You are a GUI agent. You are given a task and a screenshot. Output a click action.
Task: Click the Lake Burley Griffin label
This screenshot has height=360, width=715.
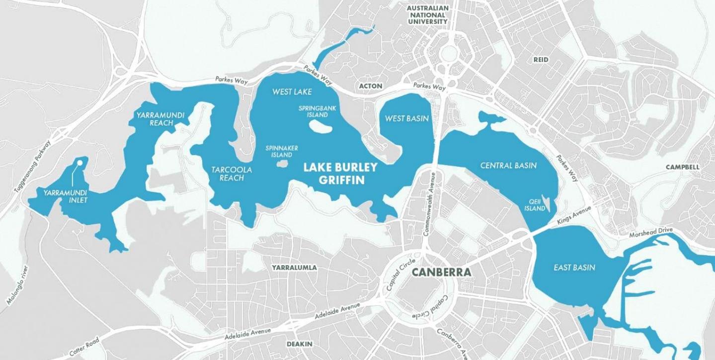(x=340, y=173)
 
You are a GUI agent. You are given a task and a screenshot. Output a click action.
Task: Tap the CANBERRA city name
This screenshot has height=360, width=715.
(x=441, y=272)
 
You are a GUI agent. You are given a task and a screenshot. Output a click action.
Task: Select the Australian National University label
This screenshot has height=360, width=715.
(x=427, y=15)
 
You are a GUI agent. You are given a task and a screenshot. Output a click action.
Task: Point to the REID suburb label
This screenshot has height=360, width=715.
(x=541, y=60)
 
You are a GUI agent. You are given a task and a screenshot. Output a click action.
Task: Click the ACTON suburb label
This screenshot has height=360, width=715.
(x=371, y=86)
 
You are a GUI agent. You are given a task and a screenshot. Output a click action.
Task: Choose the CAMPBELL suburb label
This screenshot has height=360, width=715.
(x=682, y=167)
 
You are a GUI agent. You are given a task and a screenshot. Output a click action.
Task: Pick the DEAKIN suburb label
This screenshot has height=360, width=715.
(x=300, y=344)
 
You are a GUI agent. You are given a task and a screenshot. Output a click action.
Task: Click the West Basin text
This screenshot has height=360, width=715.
(x=407, y=119)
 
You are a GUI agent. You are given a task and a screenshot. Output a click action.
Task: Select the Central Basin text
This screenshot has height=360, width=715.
(x=508, y=165)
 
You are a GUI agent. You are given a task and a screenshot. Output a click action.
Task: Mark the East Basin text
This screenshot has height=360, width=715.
(x=574, y=268)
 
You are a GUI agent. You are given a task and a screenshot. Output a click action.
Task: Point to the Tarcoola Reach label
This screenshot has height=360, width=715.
(x=232, y=173)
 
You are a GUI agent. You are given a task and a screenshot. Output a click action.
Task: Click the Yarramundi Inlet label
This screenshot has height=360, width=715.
(x=65, y=197)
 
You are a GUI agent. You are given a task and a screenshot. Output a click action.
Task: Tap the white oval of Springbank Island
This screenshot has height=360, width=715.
(x=321, y=129)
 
